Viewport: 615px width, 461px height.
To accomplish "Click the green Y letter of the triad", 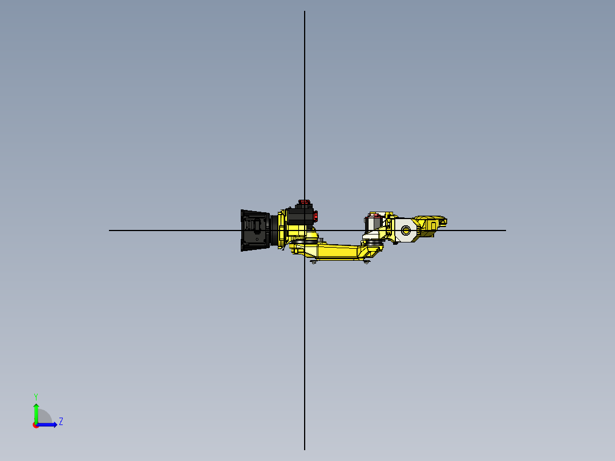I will tap(35, 396).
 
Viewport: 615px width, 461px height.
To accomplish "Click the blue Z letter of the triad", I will tap(60, 422).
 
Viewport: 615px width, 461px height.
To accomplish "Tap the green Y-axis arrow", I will tap(36, 411).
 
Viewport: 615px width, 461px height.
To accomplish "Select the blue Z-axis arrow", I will tap(48, 424).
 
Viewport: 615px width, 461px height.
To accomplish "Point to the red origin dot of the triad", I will tap(36, 425).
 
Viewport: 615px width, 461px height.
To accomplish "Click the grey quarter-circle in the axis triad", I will tap(44, 418).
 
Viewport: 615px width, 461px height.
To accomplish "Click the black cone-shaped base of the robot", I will tap(255, 230).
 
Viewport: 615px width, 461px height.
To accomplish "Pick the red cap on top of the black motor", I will tap(304, 202).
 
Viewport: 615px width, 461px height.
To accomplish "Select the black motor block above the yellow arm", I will tap(300, 216).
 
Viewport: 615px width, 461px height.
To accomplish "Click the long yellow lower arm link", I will tap(337, 251).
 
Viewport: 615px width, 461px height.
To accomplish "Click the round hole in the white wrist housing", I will tap(406, 230).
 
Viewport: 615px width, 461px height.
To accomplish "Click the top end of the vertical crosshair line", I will tap(305, 12).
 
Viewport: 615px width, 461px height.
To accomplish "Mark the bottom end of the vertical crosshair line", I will tap(305, 448).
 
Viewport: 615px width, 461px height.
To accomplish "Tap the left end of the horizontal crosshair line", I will tap(110, 230).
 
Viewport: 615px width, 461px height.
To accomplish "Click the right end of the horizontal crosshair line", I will tap(505, 230).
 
